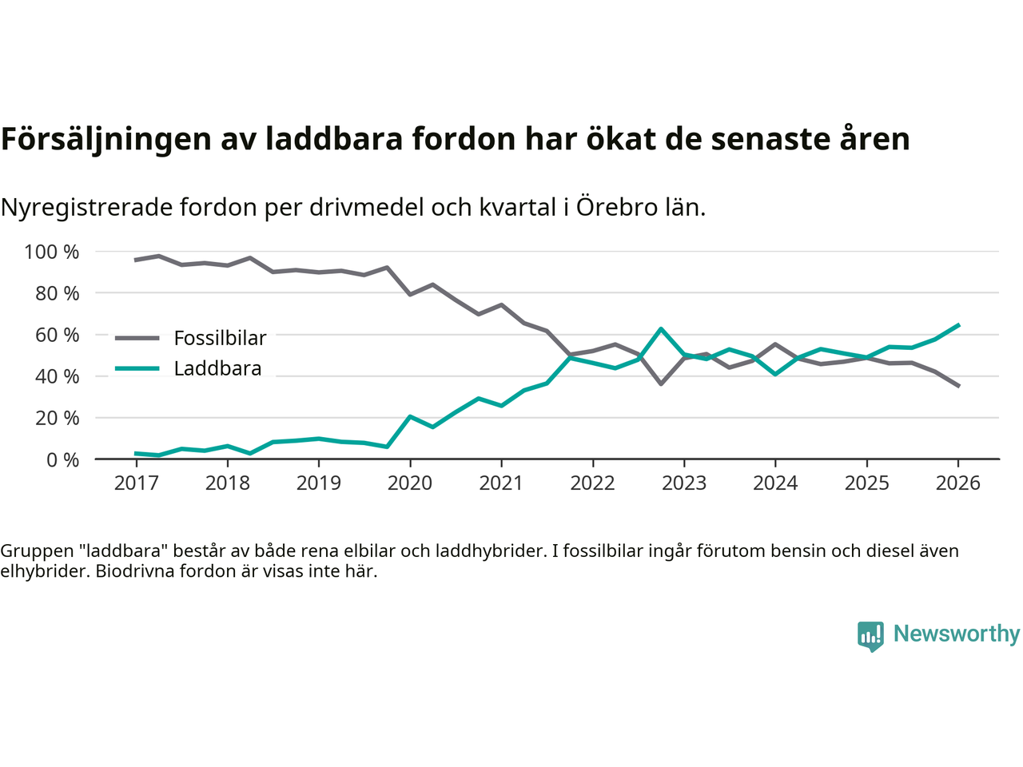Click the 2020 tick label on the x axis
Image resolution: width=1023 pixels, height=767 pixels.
click(x=410, y=483)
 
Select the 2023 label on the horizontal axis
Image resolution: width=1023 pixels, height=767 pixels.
click(x=684, y=483)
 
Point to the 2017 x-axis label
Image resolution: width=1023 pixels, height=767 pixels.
click(x=136, y=483)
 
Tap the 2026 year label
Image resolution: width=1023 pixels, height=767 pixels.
click(x=958, y=483)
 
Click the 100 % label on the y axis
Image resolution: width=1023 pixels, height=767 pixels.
click(x=52, y=252)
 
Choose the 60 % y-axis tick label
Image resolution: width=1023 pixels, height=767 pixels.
click(x=57, y=336)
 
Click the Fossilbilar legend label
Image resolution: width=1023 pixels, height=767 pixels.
click(x=220, y=339)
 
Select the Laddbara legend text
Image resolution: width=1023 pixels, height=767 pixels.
click(x=217, y=369)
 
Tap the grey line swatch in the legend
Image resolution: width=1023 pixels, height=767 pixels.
click(x=137, y=339)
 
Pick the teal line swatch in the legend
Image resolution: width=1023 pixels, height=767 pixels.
click(x=137, y=368)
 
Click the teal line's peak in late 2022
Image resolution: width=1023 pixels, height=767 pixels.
click(x=661, y=328)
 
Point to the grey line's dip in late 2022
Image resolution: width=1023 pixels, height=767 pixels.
click(x=661, y=383)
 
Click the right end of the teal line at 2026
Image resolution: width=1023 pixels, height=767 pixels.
click(x=958, y=325)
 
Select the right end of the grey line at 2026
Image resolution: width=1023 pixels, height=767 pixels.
click(x=958, y=386)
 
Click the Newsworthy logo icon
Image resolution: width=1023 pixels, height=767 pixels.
click(x=870, y=636)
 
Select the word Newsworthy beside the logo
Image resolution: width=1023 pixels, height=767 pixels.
click(x=956, y=634)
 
